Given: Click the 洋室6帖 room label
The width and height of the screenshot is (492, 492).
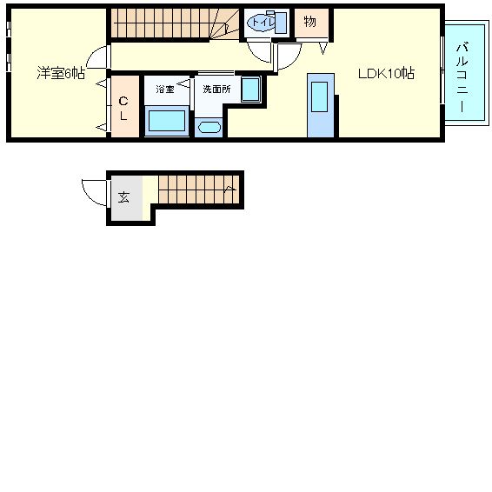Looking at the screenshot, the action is click(61, 73).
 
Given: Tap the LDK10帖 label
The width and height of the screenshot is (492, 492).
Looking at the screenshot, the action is click(386, 73).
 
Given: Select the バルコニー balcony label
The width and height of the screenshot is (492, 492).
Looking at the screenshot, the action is click(462, 77).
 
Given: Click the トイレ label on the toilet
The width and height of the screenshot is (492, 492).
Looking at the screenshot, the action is click(263, 23).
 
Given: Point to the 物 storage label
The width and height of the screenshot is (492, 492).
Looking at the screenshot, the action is click(310, 22).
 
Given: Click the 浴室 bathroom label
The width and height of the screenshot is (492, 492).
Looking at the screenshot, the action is click(165, 90).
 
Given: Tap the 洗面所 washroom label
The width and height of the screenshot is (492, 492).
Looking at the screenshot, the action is click(216, 90).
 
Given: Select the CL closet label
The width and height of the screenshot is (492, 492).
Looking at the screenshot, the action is click(123, 109).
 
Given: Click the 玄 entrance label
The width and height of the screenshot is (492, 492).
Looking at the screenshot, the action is click(123, 197).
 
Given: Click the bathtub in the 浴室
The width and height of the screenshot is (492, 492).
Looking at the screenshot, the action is click(167, 121).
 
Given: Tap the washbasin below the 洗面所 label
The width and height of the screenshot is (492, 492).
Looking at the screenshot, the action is click(209, 128).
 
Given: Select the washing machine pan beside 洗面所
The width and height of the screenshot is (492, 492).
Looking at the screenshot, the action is click(251, 90).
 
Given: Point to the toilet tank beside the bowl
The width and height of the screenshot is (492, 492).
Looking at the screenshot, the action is click(281, 23).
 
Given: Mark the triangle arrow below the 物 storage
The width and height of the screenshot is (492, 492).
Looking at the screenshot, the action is click(323, 49).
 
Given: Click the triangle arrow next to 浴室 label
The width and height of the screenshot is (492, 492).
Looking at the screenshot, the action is click(184, 83).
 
